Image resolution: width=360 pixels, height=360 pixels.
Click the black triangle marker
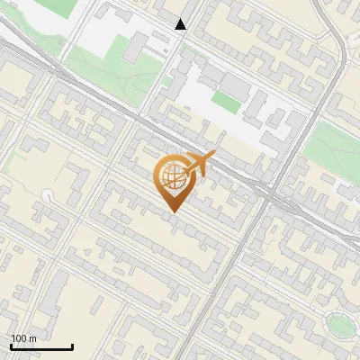[x=181, y=24]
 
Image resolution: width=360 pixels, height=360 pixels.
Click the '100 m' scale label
[x=23, y=338]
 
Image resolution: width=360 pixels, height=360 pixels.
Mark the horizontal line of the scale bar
[x=41, y=347]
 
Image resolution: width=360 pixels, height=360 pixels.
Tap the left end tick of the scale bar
[x=11, y=346]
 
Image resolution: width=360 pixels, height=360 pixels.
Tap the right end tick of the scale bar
[x=72, y=346]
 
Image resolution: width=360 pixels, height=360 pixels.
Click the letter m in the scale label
[x=32, y=338]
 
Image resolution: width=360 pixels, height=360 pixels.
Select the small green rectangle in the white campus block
[x=226, y=102]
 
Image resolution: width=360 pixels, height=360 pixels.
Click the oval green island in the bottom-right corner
[x=339, y=324]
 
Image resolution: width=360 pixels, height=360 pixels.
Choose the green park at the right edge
[x=330, y=149]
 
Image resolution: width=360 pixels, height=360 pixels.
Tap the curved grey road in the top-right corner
[x=336, y=45]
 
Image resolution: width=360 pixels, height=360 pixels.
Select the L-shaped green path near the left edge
[x=11, y=162]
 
